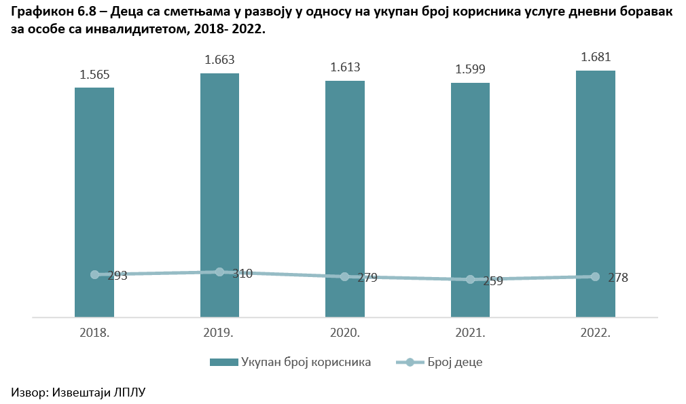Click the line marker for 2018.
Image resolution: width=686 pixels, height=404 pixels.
point(94,274)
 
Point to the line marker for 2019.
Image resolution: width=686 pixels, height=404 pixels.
point(219,272)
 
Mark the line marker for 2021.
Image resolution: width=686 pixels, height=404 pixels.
point(470,280)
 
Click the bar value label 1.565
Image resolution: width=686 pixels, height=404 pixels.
point(94,75)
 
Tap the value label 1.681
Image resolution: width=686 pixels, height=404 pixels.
point(596,58)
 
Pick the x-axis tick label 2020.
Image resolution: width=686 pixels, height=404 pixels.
point(345,333)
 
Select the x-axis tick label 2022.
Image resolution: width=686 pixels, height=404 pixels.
point(596,333)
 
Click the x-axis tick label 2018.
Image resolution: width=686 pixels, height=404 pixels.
point(94,333)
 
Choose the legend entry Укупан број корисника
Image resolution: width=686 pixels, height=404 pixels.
point(306,362)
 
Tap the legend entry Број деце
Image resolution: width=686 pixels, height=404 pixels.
point(455,362)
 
